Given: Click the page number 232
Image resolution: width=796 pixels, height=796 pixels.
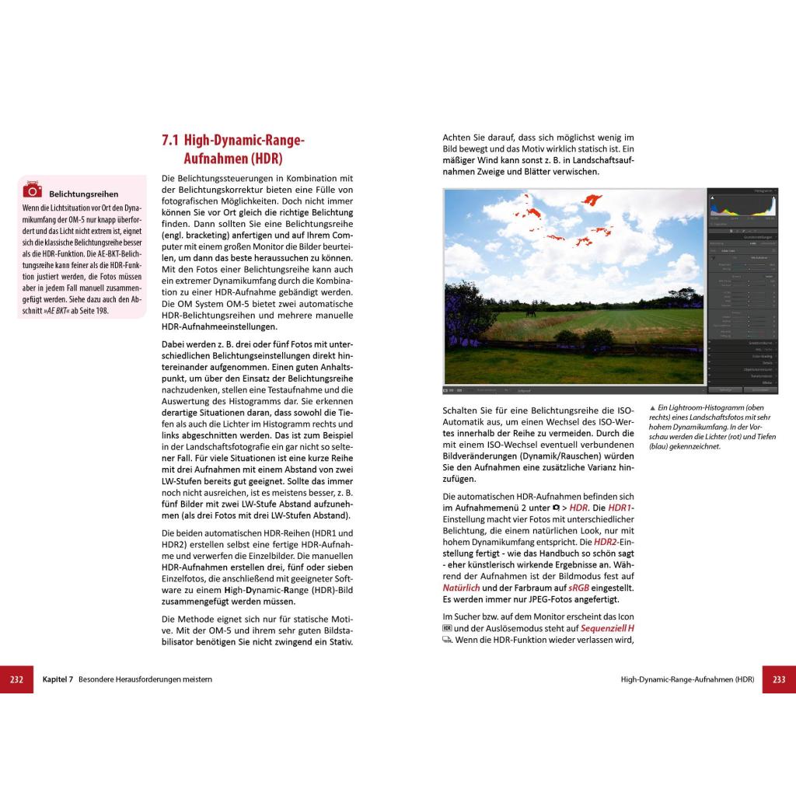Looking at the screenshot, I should pyautogui.click(x=16, y=679).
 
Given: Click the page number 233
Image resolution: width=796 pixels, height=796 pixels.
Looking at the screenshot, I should pyautogui.click(x=779, y=679).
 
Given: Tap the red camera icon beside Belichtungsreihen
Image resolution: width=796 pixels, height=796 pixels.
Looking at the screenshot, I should pyautogui.click(x=33, y=190).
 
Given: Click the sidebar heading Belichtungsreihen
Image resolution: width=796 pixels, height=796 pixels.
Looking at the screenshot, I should pyautogui.click(x=83, y=194).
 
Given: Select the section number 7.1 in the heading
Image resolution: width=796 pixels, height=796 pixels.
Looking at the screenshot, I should pyautogui.click(x=170, y=141).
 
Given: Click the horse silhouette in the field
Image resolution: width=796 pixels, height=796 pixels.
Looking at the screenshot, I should pyautogui.click(x=531, y=312).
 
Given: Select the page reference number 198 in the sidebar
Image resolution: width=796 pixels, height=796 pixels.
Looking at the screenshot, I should pyautogui.click(x=101, y=311).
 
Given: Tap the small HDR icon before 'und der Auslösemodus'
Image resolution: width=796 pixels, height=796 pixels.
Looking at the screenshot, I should pyautogui.click(x=447, y=628).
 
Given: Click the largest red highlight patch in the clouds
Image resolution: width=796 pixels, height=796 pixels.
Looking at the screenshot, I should pyautogui.click(x=595, y=199).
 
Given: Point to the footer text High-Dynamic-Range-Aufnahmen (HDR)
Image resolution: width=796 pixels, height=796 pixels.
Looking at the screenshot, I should pyautogui.click(x=687, y=679).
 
